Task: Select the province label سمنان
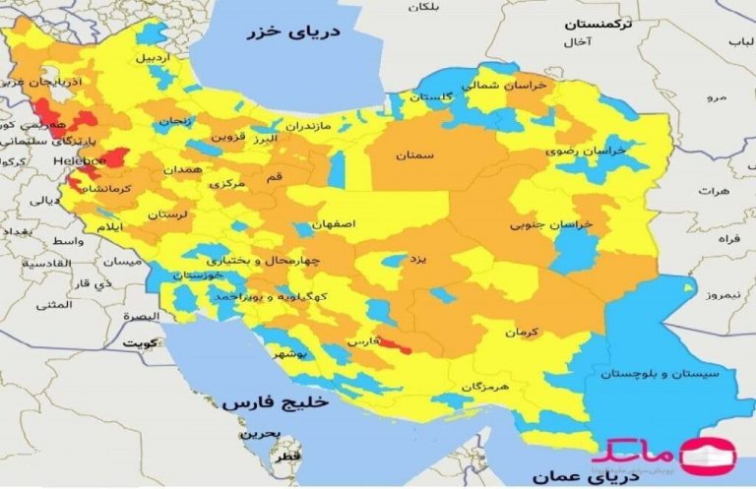pyautogui.click(x=415, y=155)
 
